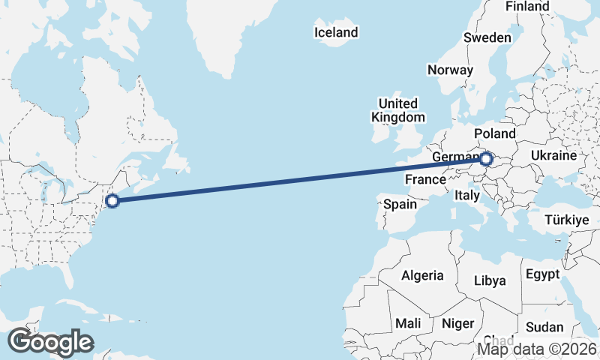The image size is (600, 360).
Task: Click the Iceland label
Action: pyautogui.click(x=336, y=32)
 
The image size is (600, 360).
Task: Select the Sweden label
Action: pyautogui.click(x=487, y=37)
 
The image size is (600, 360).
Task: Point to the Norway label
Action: pyautogui.click(x=450, y=70)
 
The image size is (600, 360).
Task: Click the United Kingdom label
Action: pyautogui.click(x=397, y=110)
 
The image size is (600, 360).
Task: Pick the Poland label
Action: pyautogui.click(x=495, y=133)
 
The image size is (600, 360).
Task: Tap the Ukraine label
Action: pyautogui.click(x=553, y=155)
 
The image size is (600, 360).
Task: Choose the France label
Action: pyautogui.click(x=425, y=180)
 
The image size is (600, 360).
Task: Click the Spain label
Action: pyautogui.click(x=400, y=204)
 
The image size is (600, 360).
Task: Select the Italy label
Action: pyautogui.click(x=467, y=195)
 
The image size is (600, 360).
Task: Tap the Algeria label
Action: pyautogui.click(x=422, y=276)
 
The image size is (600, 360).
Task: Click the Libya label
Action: pyautogui.click(x=490, y=280)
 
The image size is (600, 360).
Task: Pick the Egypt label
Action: pyautogui.click(x=542, y=274)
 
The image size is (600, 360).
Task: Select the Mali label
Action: pyautogui.click(x=409, y=323)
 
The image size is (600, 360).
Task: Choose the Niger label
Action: pyautogui.click(x=458, y=323)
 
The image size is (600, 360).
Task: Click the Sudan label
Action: pyautogui.click(x=544, y=327)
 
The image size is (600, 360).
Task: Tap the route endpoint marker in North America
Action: pyautogui.click(x=112, y=200)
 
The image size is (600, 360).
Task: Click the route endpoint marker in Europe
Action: pyautogui.click(x=486, y=159)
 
